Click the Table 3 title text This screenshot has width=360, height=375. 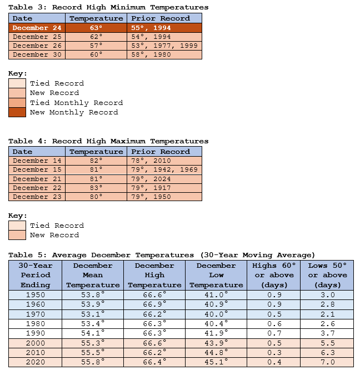(x=108, y=7)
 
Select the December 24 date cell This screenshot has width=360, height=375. (x=38, y=28)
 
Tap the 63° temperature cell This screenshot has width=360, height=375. (x=96, y=28)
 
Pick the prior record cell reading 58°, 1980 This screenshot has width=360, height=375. (x=164, y=54)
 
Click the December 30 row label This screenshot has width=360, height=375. (x=38, y=54)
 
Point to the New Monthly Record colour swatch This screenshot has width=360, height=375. (x=17, y=112)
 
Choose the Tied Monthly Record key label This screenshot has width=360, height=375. (x=76, y=103)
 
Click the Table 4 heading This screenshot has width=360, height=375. (x=108, y=141)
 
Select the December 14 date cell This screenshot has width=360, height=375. (x=38, y=161)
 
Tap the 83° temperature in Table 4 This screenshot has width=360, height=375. (x=96, y=188)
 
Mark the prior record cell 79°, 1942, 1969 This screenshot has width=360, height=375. (x=164, y=169)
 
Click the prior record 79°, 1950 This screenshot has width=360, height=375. (x=164, y=197)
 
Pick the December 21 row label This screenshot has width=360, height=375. (x=38, y=179)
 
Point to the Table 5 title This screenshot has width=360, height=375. (x=162, y=255)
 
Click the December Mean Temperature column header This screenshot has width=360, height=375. (x=93, y=275)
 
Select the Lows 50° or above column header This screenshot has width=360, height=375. (x=328, y=275)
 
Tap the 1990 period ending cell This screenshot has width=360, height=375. (x=35, y=333)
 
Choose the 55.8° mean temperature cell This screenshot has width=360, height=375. (x=93, y=362)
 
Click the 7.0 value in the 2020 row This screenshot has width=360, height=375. (x=328, y=362)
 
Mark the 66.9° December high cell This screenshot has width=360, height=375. (x=154, y=304)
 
